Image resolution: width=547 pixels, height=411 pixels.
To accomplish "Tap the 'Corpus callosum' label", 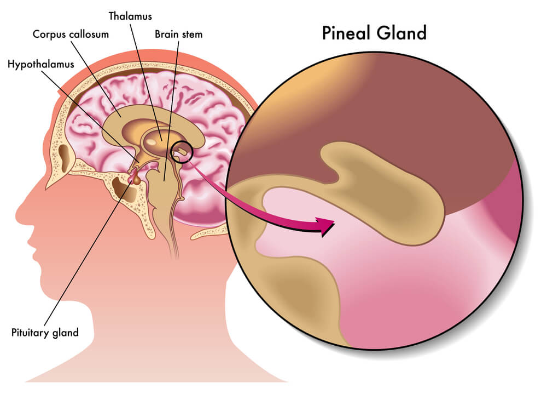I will coord(71,35).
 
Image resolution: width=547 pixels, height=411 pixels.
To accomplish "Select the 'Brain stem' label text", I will coord(178,35).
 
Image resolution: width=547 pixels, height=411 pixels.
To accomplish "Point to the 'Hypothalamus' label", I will coord(41,64).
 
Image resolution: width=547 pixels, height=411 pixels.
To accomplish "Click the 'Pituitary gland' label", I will coord(45,332).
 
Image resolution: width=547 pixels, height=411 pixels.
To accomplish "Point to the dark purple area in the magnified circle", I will coord(410,110).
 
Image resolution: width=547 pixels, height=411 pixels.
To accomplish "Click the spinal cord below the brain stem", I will coord(174,241).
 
